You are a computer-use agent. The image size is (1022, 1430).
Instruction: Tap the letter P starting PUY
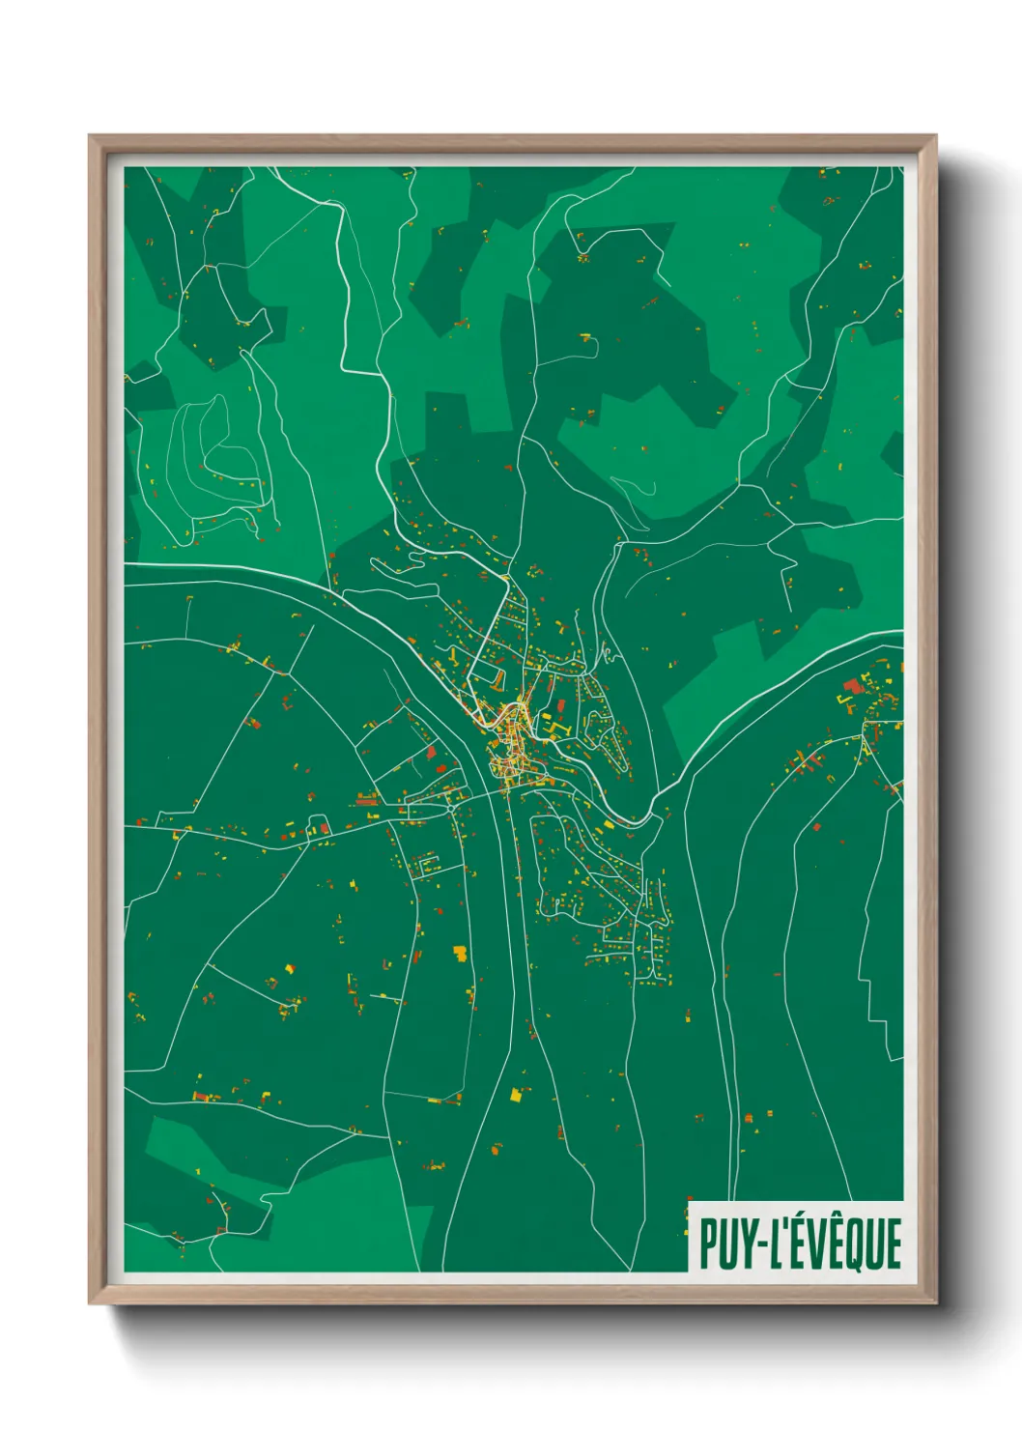709,1244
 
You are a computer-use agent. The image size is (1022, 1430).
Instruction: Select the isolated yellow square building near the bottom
516,1095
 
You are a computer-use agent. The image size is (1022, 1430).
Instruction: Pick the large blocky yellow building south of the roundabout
461,954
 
